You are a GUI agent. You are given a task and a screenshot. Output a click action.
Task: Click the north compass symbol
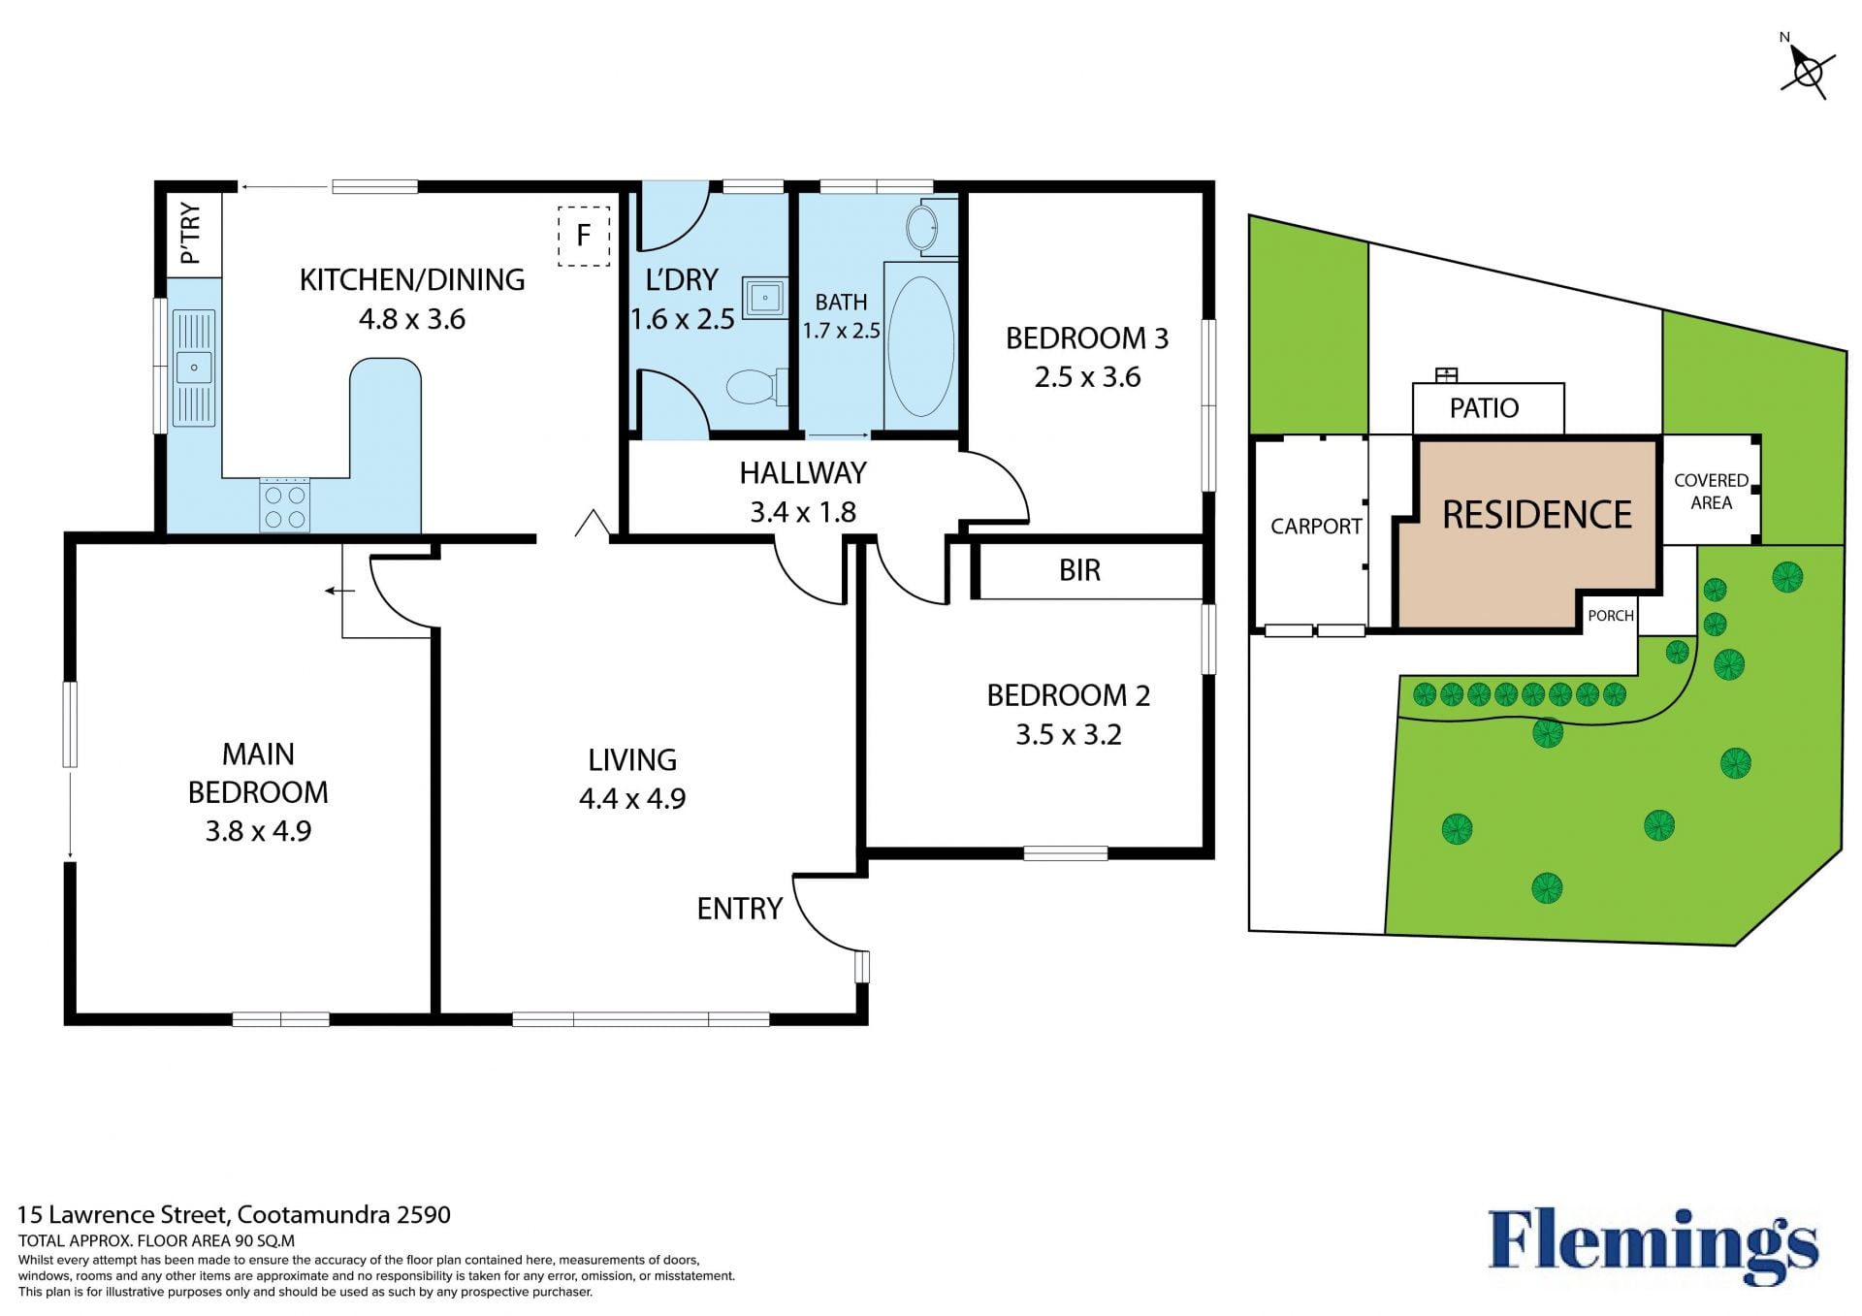click(1808, 70)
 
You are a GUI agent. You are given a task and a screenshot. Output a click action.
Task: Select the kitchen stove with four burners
click(284, 505)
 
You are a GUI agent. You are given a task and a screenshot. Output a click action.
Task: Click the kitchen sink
click(194, 368)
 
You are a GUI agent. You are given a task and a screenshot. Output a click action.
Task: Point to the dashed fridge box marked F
click(584, 236)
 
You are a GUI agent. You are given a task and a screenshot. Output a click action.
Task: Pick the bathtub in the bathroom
click(920, 346)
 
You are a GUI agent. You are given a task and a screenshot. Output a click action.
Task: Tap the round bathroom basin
click(922, 229)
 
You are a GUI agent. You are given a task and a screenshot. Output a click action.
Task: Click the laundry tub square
click(765, 297)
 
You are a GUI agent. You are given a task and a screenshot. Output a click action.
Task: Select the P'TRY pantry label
click(191, 233)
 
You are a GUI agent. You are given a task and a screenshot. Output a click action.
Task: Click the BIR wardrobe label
click(1079, 570)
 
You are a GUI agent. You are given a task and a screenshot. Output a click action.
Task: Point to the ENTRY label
click(740, 909)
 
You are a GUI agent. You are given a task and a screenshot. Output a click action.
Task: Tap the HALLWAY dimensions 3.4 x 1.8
click(803, 512)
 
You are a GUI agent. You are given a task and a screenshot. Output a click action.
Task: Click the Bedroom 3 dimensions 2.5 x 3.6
click(1087, 377)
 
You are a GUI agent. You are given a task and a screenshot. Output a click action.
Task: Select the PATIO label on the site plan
click(1484, 408)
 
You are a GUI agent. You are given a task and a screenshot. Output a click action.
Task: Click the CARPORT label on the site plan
click(1316, 527)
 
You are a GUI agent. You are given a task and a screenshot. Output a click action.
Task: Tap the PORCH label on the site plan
click(1611, 616)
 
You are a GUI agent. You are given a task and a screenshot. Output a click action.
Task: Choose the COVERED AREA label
click(1711, 492)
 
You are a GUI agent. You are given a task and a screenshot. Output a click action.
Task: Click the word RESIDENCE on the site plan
click(1537, 515)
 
